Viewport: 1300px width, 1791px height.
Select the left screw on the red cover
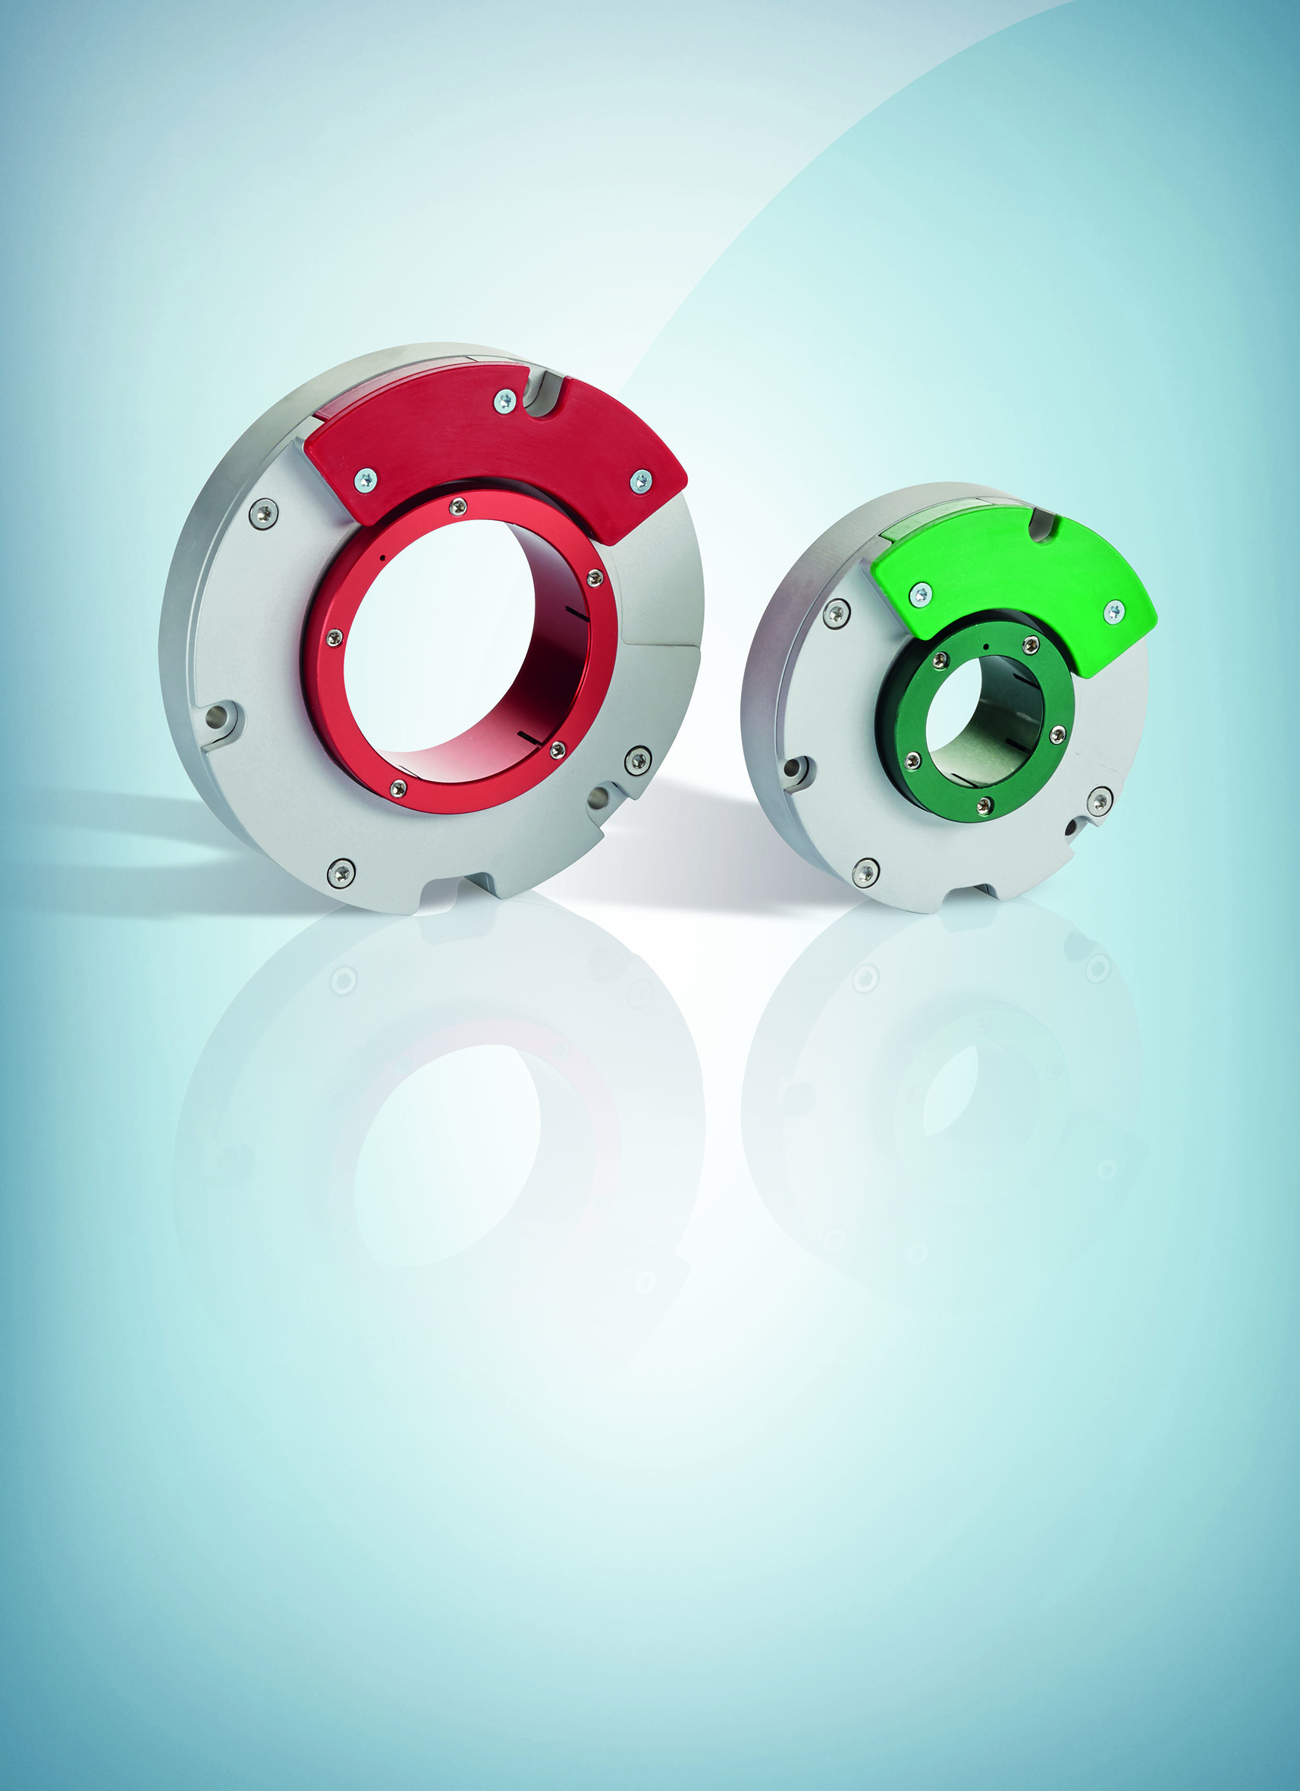click(x=365, y=479)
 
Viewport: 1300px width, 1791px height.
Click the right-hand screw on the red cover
click(x=642, y=480)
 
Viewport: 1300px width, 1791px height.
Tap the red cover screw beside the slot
click(x=504, y=401)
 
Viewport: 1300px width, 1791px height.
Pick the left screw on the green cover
click(x=920, y=594)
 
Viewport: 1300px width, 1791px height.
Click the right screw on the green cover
click(x=1113, y=610)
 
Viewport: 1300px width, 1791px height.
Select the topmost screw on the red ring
click(x=456, y=507)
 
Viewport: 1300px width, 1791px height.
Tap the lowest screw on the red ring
click(x=398, y=787)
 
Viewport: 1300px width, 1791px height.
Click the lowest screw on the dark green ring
click(x=984, y=805)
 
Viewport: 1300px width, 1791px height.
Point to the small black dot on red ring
click(x=382, y=557)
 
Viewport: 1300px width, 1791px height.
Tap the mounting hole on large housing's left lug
click(x=216, y=717)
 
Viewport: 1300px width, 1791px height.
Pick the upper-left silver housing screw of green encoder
click(x=837, y=612)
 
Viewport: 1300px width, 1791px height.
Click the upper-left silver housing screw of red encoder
click(x=264, y=514)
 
